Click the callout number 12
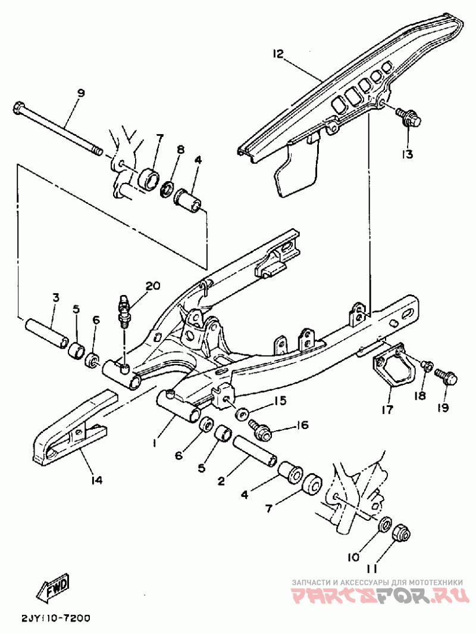(x=277, y=55)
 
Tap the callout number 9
(x=81, y=93)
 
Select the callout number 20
(x=152, y=286)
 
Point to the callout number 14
(x=96, y=479)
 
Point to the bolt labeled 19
(x=446, y=377)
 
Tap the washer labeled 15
(x=242, y=413)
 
